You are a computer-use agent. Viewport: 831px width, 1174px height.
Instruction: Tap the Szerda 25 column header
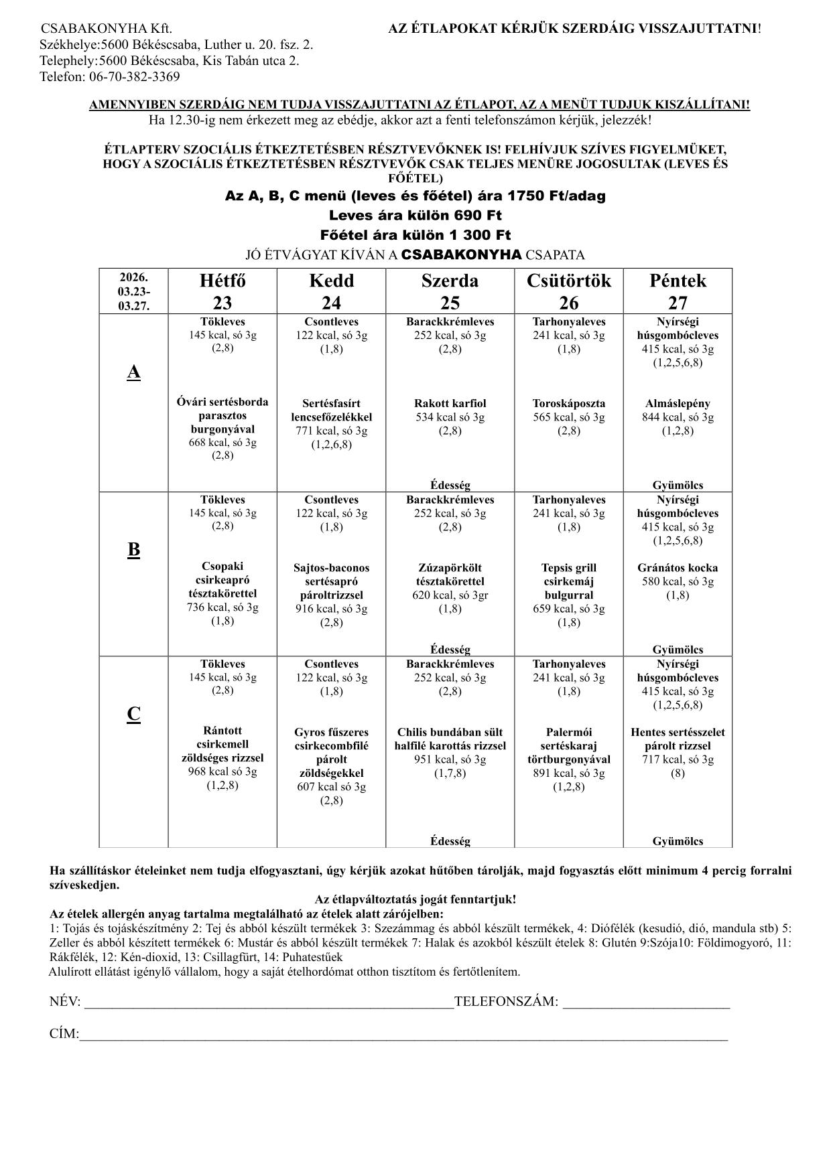450,291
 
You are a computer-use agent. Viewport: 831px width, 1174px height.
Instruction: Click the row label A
134,372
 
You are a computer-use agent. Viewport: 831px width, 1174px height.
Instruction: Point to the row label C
134,715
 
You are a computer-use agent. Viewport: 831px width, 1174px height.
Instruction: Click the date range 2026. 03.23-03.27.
134,291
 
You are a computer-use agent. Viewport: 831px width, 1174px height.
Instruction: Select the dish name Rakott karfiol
450,403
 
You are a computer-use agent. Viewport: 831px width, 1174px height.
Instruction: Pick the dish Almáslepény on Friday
678,403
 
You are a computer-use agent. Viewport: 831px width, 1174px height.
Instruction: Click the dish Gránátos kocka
678,568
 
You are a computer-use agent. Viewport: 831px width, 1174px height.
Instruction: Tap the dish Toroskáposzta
569,403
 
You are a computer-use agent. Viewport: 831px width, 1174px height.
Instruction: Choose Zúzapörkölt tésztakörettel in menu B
450,575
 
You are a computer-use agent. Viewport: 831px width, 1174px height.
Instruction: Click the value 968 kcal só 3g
222,772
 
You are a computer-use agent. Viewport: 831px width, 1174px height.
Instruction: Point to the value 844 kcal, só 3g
678,417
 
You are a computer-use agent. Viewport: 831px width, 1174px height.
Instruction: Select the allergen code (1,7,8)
450,774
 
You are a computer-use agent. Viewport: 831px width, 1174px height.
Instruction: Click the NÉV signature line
268,1003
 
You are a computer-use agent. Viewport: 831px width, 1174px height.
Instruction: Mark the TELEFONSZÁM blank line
646,1003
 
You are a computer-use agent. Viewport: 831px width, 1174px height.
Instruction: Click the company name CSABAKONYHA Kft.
107,29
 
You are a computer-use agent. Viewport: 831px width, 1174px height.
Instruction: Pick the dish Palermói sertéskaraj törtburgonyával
569,745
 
